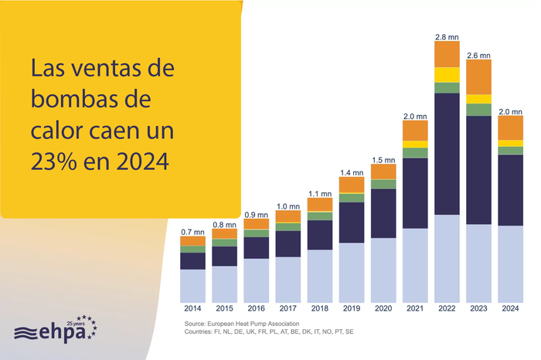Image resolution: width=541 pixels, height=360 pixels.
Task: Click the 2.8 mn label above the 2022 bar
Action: [x=447, y=36]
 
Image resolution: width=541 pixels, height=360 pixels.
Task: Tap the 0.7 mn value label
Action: [x=192, y=232]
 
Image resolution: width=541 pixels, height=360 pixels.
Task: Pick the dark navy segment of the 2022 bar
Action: [x=447, y=153]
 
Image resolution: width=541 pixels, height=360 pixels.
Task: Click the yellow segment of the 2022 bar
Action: [x=447, y=74]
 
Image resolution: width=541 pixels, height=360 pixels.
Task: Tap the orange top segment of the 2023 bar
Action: [x=478, y=76]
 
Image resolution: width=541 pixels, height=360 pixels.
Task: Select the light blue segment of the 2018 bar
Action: [x=320, y=276]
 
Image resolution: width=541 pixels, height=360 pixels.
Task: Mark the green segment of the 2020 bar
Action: [x=383, y=184]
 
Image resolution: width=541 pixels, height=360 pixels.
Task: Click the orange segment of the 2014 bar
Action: [x=192, y=241]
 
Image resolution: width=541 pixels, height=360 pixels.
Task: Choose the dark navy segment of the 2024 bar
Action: [x=510, y=190]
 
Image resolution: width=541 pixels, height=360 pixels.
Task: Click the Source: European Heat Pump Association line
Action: [x=241, y=323]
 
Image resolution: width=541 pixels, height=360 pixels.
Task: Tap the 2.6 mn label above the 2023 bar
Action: [x=478, y=56]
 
